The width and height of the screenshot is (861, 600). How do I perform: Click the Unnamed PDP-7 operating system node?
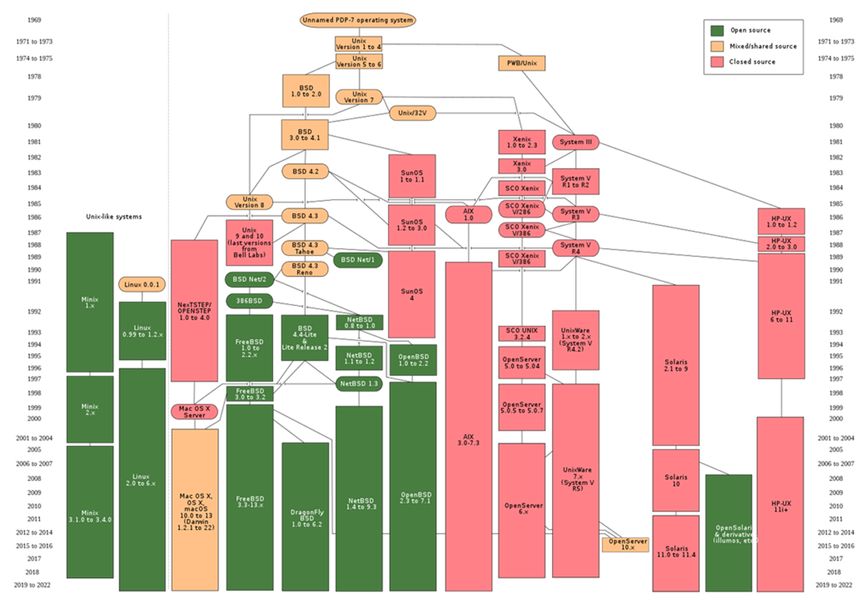358,20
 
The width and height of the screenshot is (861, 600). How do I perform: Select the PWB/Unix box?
522,63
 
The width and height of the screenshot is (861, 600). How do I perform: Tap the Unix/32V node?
412,113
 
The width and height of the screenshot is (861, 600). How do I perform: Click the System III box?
575,142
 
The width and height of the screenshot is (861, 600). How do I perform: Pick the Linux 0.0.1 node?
142,284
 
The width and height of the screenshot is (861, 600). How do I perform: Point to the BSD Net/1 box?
358,260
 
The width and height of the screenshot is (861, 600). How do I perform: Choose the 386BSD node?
249,301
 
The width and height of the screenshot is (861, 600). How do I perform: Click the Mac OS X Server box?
194,412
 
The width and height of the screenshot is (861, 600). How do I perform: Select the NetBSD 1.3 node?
359,383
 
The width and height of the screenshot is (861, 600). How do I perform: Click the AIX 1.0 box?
468,214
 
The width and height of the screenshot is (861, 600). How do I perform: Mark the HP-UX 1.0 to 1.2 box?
781,221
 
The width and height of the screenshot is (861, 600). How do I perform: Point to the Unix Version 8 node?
249,202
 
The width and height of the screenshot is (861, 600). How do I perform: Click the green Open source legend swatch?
717,30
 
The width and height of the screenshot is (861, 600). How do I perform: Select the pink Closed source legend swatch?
717,62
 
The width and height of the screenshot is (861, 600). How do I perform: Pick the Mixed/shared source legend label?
763,46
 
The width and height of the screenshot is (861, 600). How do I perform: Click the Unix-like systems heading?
114,217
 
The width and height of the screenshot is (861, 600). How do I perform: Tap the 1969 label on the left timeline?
34,20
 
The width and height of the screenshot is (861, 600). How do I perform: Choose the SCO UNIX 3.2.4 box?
522,334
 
